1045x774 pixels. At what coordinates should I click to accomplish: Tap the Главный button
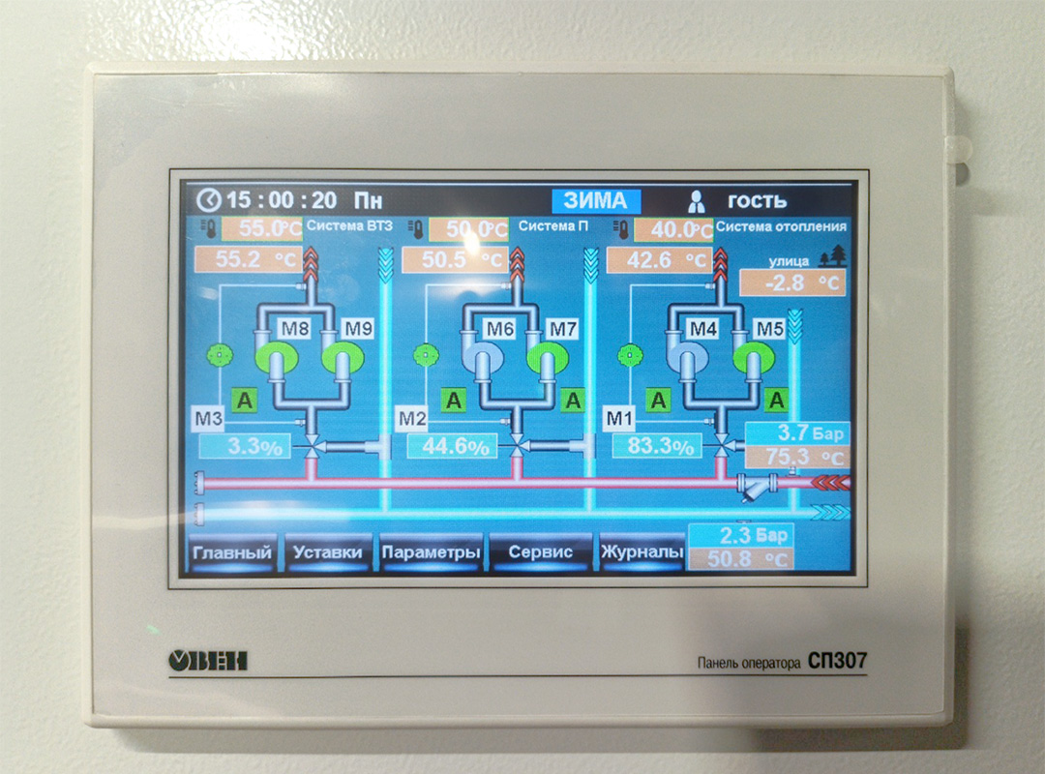point(232,552)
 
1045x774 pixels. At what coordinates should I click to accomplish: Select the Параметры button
point(432,552)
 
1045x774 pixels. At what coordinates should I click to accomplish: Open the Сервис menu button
point(541,551)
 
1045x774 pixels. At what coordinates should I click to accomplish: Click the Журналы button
point(642,551)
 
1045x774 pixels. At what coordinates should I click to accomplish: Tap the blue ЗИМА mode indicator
point(596,200)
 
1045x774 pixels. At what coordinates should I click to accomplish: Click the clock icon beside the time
point(209,199)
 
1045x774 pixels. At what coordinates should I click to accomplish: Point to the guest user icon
point(697,200)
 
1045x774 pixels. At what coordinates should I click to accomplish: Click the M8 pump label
point(294,329)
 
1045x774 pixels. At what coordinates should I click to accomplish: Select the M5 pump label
point(770,329)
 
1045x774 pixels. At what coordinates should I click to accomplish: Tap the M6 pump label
point(500,329)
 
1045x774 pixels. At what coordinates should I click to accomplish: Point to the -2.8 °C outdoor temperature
point(792,283)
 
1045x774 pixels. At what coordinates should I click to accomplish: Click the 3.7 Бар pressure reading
point(797,433)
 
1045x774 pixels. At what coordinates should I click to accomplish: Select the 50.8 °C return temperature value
point(740,558)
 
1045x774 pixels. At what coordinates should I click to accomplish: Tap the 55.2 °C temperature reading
point(248,259)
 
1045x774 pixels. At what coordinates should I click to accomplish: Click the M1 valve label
point(619,419)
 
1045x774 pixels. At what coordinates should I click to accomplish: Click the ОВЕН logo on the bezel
point(208,661)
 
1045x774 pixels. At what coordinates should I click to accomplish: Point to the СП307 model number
point(837,661)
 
